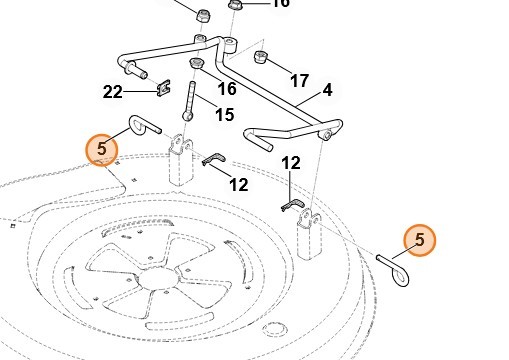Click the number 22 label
tap(113, 92)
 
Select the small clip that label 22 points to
tap(163, 87)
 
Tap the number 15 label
tap(225, 114)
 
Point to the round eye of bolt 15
tap(187, 116)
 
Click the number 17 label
tap(299, 81)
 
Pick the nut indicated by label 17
tap(261, 57)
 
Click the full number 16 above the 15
tap(227, 89)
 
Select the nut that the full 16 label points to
tap(196, 63)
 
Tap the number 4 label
tap(327, 90)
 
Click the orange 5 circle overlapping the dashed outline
tap(102, 149)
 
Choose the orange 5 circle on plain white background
tap(420, 240)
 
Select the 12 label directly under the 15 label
tap(239, 185)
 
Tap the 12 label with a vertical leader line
tap(291, 163)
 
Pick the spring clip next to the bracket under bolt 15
tap(214, 159)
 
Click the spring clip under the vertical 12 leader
tap(292, 205)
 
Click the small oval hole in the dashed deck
tap(275, 329)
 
